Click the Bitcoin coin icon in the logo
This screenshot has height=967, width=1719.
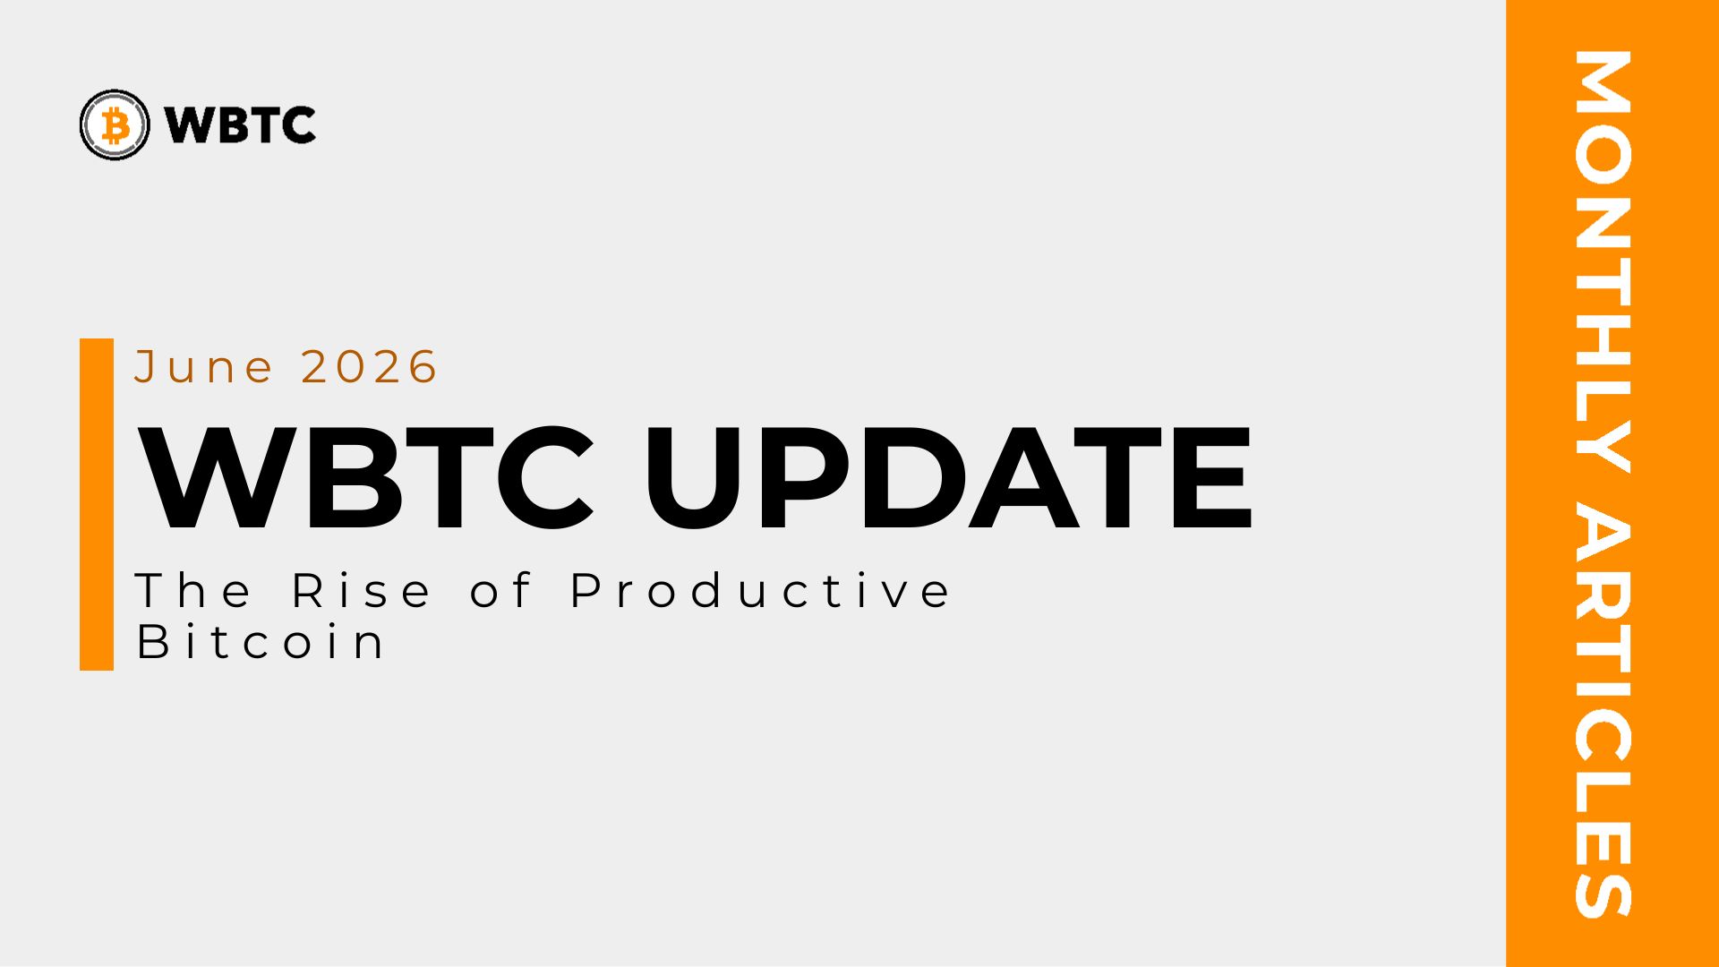[115, 124]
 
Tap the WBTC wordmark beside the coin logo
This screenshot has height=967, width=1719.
[241, 125]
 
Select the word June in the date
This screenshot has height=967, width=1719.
[204, 367]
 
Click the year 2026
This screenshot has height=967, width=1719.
[369, 367]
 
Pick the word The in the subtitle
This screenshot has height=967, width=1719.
[193, 591]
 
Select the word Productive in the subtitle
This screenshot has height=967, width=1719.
[761, 591]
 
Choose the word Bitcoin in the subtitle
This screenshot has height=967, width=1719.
[261, 642]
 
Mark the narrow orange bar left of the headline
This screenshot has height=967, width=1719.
[97, 504]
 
